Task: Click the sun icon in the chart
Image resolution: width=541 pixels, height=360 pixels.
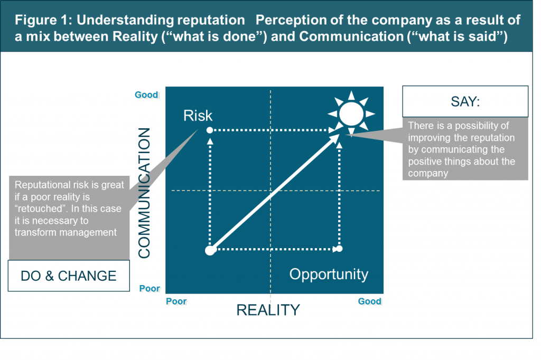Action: [x=351, y=113]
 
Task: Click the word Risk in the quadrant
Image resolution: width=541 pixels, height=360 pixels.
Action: [x=198, y=116]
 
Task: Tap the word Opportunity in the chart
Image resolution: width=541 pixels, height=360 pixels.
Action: [x=329, y=274]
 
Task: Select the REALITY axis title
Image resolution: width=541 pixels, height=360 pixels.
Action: [x=268, y=310]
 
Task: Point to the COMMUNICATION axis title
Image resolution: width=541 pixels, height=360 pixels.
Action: [x=144, y=193]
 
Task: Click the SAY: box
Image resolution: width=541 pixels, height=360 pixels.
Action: [x=465, y=101]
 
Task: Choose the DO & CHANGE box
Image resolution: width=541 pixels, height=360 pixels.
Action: [x=69, y=276]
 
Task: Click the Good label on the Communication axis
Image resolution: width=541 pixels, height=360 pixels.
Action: [x=146, y=95]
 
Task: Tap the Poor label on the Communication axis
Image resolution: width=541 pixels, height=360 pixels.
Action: [x=150, y=288]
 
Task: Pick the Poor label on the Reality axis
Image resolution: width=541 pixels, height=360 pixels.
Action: [x=176, y=301]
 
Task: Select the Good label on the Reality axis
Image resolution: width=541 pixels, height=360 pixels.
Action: [x=369, y=301]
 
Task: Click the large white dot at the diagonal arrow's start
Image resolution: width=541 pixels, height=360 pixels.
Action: [x=210, y=250]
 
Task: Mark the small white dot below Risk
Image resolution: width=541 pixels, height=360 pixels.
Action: [x=209, y=130]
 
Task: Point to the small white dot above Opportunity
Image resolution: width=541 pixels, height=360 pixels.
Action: [x=340, y=248]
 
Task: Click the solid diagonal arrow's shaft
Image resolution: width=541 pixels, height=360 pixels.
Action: [x=275, y=192]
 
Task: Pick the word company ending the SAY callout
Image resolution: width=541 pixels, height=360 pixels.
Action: [x=428, y=174]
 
